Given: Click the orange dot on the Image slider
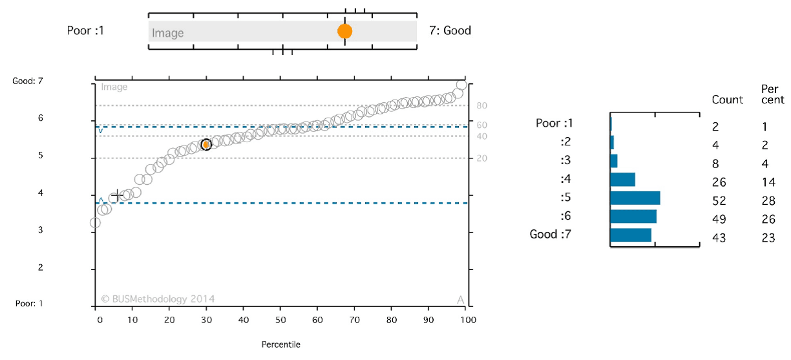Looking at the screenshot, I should [x=344, y=31].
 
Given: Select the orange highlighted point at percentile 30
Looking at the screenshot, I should [x=206, y=145].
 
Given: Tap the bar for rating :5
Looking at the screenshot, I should [x=635, y=198].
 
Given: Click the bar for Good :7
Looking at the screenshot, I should [x=630, y=235].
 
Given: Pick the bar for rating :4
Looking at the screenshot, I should [x=622, y=179].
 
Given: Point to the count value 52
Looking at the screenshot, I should [x=719, y=201].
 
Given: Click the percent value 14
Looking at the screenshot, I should [x=767, y=182].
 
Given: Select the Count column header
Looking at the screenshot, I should [x=728, y=100].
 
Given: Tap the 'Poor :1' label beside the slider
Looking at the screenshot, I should [x=85, y=30].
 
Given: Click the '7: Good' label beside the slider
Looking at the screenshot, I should [x=450, y=30].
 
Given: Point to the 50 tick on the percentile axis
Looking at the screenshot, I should [x=280, y=320].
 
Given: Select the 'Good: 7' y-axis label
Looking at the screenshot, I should [x=28, y=81].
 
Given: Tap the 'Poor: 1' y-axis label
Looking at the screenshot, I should [x=28, y=303].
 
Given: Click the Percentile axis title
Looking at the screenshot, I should [x=280, y=344].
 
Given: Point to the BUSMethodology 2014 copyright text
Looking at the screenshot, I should [x=158, y=299].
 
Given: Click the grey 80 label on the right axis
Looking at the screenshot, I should [x=481, y=105].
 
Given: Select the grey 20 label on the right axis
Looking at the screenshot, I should [x=481, y=158].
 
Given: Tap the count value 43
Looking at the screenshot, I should [x=719, y=238].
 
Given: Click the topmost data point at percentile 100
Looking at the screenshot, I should [x=461, y=85].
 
